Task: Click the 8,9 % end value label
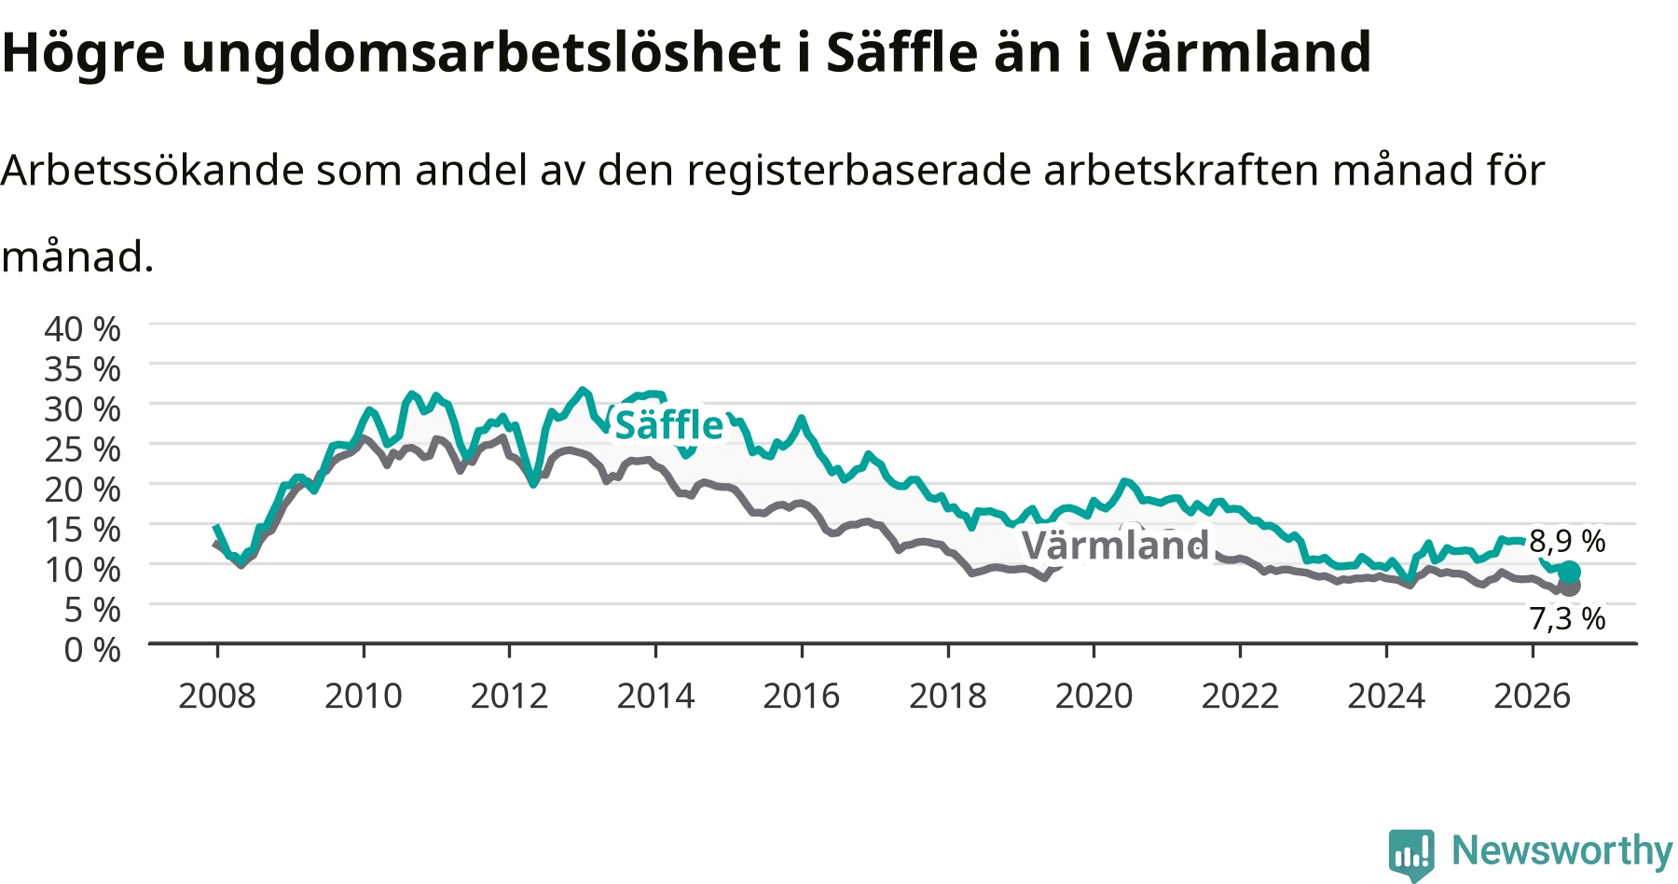(1567, 541)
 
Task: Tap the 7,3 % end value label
(1567, 618)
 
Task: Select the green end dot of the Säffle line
(1570, 572)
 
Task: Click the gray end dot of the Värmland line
(1570, 587)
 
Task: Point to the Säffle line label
(668, 425)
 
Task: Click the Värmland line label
(1116, 545)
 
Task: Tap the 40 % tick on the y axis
(82, 329)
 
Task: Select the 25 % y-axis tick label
(82, 449)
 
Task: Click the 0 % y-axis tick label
(91, 649)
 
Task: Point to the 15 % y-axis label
(82, 530)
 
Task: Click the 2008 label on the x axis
(217, 696)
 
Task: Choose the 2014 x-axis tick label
(655, 696)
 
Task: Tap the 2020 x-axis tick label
(1093, 696)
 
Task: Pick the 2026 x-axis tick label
(1533, 696)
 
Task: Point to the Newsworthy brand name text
(1562, 850)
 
